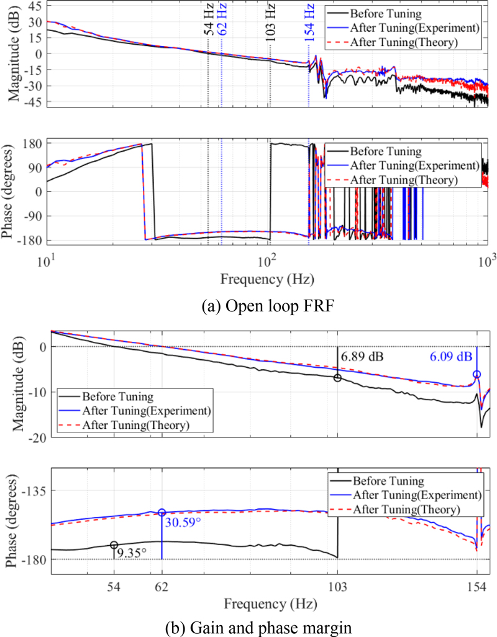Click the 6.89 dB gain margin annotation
(362, 357)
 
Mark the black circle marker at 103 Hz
(337, 378)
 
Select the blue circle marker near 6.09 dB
(476, 374)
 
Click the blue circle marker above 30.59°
(162, 512)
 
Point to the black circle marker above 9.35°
(114, 545)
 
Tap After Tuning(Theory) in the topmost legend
(404, 43)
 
